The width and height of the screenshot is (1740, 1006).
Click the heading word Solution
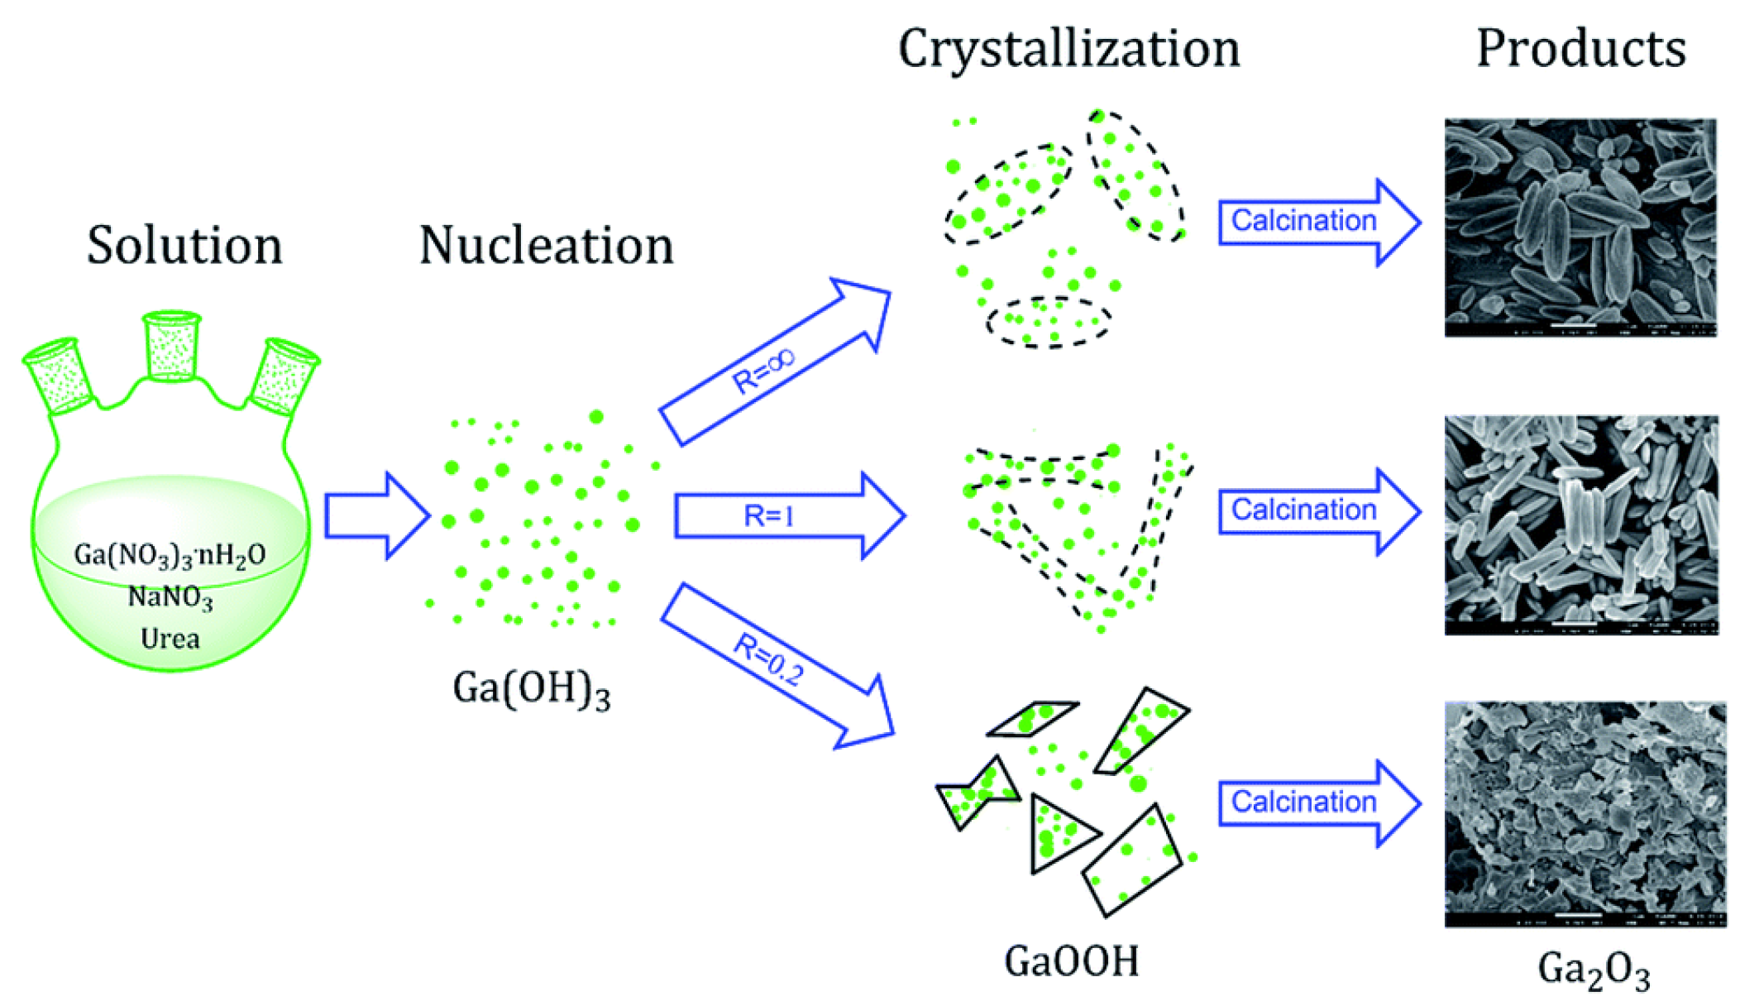point(184,246)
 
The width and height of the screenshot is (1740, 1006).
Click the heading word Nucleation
point(546,246)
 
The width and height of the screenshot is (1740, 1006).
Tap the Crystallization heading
point(1068,50)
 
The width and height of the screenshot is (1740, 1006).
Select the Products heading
point(1580,50)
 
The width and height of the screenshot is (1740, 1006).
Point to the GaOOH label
point(1071,961)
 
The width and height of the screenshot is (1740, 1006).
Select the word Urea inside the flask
point(170,639)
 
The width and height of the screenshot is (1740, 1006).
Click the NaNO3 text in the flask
point(170,596)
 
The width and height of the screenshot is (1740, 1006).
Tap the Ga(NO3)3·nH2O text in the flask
point(170,554)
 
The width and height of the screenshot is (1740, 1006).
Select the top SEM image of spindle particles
point(1580,228)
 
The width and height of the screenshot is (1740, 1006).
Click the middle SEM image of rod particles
point(1580,525)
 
